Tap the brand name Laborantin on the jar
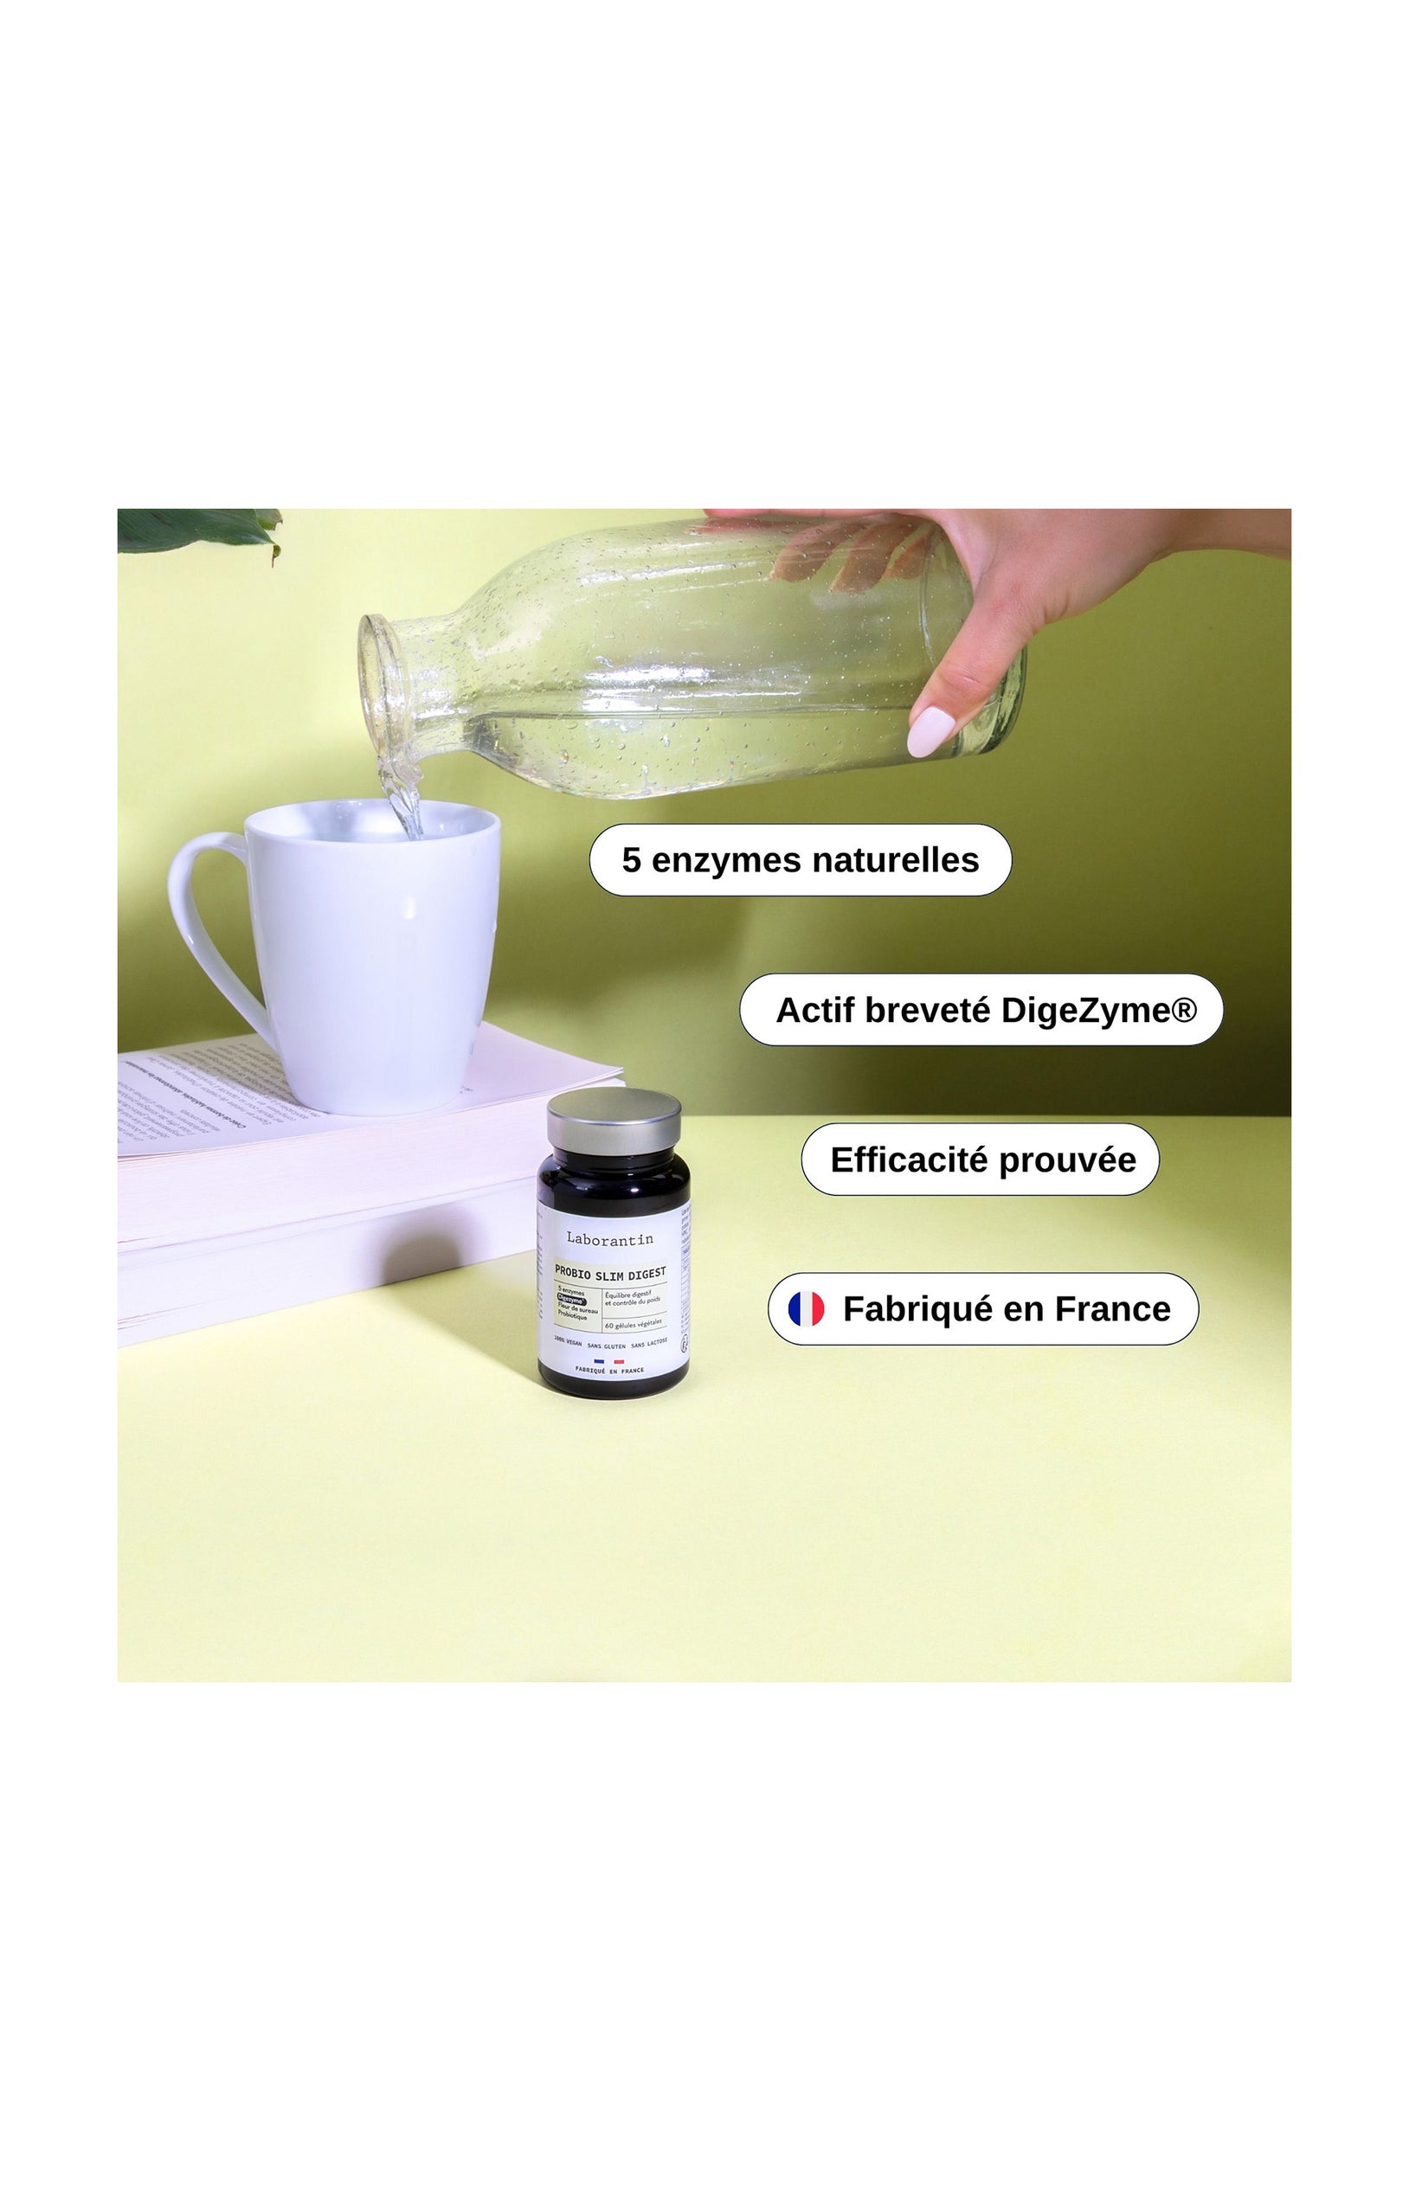(609, 1238)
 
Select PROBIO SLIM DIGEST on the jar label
(610, 1273)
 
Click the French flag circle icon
(806, 1309)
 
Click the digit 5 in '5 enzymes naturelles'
(630, 860)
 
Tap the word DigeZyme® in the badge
(1098, 1010)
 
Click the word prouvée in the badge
(1067, 1160)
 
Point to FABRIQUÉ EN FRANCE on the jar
(609, 1371)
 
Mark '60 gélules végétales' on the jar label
(634, 1324)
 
